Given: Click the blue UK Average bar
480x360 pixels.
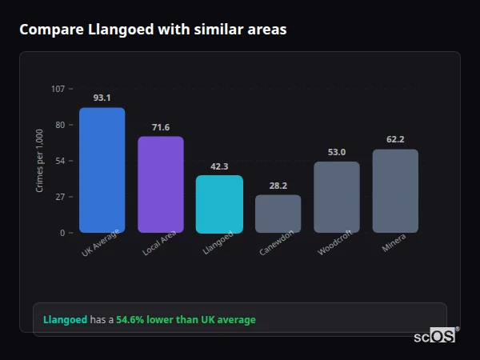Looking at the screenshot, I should [x=102, y=170].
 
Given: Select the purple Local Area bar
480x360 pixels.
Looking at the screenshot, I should [x=161, y=185].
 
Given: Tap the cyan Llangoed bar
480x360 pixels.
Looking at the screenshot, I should [x=219, y=204].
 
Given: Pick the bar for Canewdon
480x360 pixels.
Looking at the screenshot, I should [x=278, y=214].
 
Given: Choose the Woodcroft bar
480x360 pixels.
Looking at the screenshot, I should [x=337, y=197].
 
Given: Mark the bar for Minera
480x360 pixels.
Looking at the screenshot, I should [x=395, y=191].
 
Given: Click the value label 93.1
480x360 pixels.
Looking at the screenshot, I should [x=102, y=98].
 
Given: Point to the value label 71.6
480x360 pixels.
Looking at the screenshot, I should [x=161, y=127].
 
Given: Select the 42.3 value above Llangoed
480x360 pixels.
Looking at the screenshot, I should [x=219, y=166].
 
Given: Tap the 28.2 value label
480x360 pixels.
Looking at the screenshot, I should [x=278, y=186].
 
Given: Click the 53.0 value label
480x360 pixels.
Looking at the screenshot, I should [x=337, y=152].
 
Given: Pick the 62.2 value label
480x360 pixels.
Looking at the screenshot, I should [x=395, y=139].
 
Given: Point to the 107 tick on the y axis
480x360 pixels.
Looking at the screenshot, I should [x=58, y=89].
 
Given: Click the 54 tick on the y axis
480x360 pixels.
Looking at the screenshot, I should [x=60, y=161].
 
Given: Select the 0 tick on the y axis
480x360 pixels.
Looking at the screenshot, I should [x=62, y=233].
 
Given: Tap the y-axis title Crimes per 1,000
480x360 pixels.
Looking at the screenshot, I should [x=40, y=161].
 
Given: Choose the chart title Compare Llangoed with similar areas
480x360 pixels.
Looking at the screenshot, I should [x=153, y=30].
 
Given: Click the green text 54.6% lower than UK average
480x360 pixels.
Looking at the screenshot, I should [x=186, y=320].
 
